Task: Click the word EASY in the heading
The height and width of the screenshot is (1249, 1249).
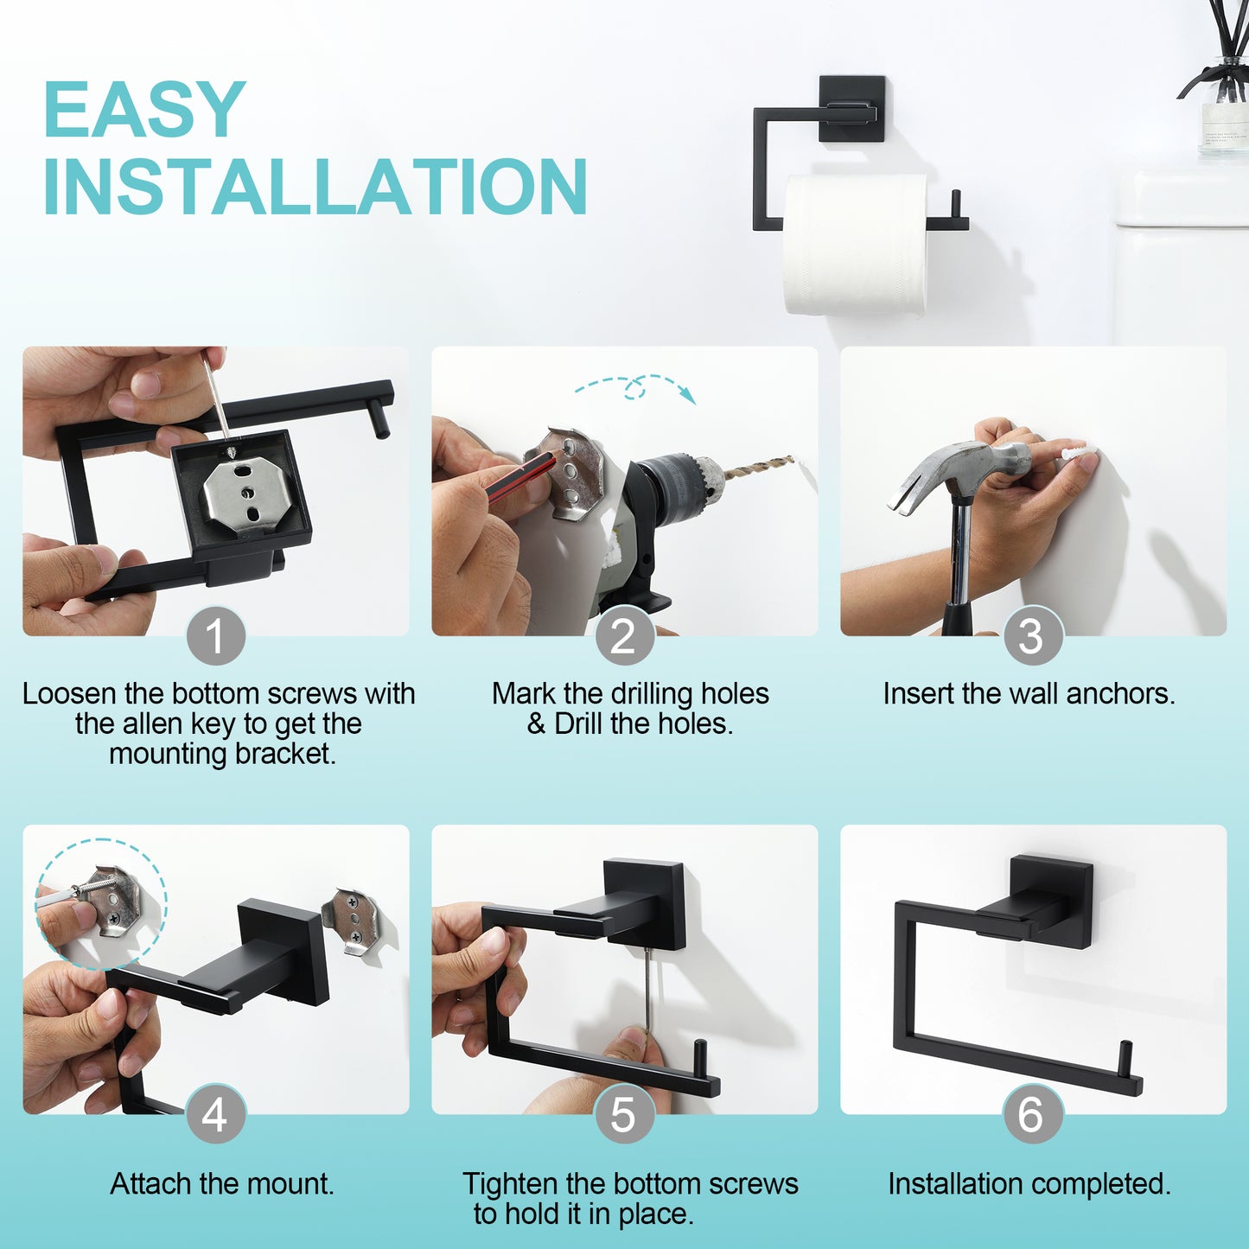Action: point(144,109)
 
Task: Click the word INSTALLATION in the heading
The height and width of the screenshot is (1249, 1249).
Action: point(315,187)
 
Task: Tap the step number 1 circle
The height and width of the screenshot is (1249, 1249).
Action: point(215,636)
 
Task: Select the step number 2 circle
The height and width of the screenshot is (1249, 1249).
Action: point(624,636)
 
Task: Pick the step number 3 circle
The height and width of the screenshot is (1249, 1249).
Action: point(1032,636)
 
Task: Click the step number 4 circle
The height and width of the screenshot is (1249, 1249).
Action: point(215,1114)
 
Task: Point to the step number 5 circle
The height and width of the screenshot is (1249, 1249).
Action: point(624,1114)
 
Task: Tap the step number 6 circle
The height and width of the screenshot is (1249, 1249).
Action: point(1032,1114)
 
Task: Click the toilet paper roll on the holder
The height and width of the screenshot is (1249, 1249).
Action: point(854,244)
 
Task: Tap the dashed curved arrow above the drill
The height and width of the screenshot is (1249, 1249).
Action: point(636,387)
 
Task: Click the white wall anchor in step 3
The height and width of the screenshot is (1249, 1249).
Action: point(1075,453)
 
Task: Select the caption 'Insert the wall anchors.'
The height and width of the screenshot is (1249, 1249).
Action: point(1029,693)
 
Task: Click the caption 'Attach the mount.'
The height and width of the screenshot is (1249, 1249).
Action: point(222,1183)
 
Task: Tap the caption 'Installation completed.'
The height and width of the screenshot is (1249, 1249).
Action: point(1029,1183)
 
